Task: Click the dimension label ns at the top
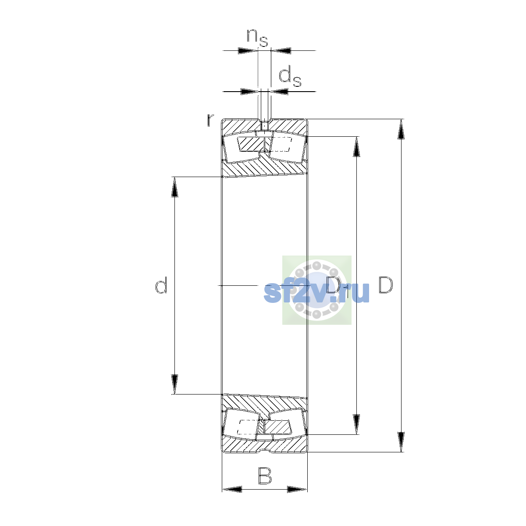(257, 38)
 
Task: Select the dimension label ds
(290, 77)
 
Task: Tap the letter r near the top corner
(210, 121)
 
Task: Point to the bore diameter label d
(161, 285)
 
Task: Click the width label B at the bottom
(265, 476)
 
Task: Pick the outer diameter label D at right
(386, 285)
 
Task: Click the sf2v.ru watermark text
(316, 293)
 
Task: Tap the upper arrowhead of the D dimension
(401, 129)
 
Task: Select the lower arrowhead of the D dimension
(401, 442)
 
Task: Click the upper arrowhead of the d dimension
(174, 187)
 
